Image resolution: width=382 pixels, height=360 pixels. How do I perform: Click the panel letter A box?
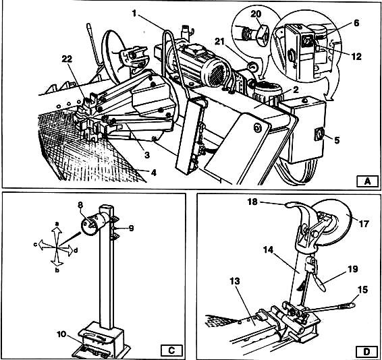click(x=367, y=181)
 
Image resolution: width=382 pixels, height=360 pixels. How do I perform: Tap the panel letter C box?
click(x=171, y=351)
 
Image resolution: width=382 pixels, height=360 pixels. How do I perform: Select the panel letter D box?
click(x=366, y=351)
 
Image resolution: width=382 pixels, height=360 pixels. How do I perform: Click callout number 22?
click(x=67, y=59)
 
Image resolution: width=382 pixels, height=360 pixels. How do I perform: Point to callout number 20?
click(x=256, y=14)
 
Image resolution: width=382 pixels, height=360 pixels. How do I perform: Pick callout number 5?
click(x=337, y=140)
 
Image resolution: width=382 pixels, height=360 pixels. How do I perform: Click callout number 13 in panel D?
click(x=235, y=281)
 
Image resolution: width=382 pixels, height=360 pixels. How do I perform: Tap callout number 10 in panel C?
click(x=62, y=334)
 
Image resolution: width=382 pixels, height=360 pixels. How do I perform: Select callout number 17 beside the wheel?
click(x=364, y=224)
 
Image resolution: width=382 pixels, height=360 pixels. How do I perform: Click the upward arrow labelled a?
click(x=57, y=235)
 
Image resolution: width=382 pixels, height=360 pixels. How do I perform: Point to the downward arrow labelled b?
click(x=57, y=258)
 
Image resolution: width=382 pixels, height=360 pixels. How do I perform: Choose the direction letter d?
click(x=76, y=250)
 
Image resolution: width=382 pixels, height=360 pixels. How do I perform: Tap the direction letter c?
click(x=36, y=245)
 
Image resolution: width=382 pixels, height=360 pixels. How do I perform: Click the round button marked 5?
click(x=319, y=134)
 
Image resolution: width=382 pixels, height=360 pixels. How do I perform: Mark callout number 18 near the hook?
click(x=252, y=202)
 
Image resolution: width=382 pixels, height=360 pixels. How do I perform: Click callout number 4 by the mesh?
click(x=153, y=173)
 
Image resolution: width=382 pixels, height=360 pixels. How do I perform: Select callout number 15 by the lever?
click(x=362, y=290)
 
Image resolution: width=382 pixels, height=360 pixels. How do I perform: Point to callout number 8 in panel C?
click(x=80, y=204)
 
